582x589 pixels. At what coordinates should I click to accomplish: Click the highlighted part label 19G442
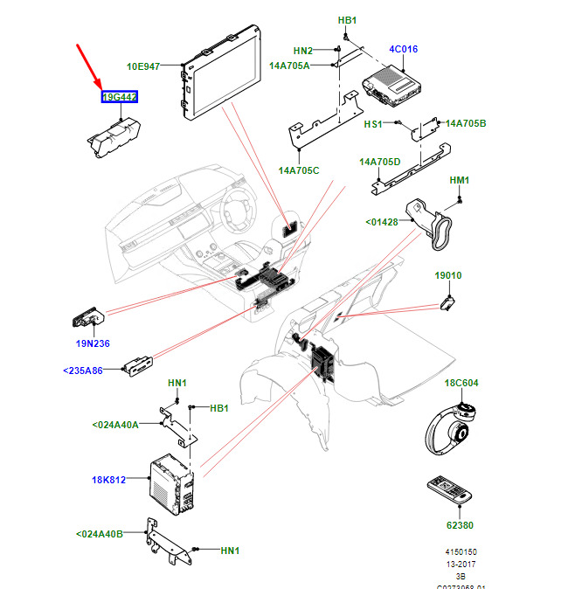coord(119,97)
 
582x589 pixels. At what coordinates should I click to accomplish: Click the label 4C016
coord(402,50)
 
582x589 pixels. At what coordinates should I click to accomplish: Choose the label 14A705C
coord(299,170)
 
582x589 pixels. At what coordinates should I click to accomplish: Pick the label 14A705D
coord(379,162)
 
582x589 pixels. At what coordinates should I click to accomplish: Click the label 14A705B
coord(465,123)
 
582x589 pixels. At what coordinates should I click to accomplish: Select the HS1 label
coord(373,124)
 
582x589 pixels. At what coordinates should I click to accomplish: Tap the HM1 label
coord(460,180)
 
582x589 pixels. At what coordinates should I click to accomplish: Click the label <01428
coord(381,222)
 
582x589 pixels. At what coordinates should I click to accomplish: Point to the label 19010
coord(448,275)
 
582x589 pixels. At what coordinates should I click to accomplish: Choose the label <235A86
coord(83,371)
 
